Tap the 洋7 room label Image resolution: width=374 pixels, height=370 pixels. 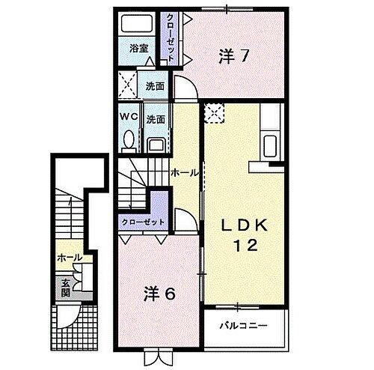233,55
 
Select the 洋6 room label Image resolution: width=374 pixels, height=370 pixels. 160,294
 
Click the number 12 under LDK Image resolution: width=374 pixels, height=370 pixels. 242,245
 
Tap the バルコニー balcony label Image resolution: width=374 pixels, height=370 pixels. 244,327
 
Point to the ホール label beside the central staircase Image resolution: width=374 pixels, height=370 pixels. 185,173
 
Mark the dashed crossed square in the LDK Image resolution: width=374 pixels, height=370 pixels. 215,112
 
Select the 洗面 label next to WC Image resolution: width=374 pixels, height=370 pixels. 156,118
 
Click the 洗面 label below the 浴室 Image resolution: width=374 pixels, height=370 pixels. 156,85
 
